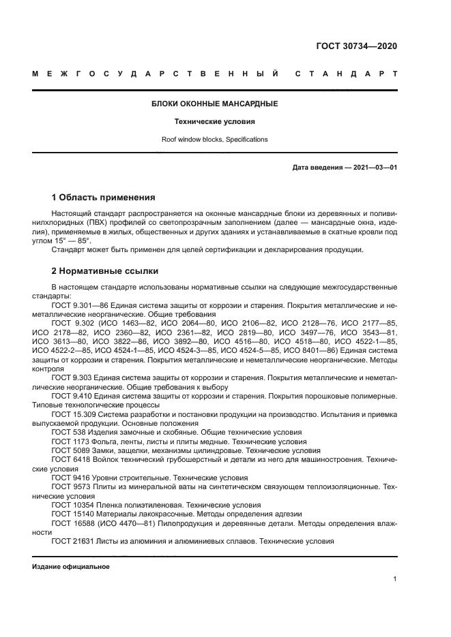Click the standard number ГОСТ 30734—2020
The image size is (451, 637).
pyautogui.click(x=356, y=46)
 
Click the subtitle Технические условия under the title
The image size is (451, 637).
pyautogui.click(x=214, y=122)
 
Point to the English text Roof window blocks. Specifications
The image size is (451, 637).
pyautogui.click(x=214, y=140)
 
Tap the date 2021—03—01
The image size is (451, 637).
pyautogui.click(x=375, y=168)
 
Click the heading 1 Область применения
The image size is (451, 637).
pyautogui.click(x=103, y=198)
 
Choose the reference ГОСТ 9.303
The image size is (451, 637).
pyautogui.click(x=71, y=376)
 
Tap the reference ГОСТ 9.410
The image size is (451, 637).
pyautogui.click(x=71, y=394)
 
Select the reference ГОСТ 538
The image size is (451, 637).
pyautogui.click(x=68, y=432)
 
